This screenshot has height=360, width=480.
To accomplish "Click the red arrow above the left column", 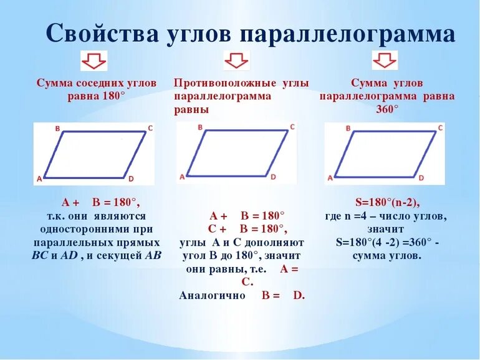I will (x=94, y=61).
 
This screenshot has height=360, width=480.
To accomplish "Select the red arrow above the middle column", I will (x=236, y=61).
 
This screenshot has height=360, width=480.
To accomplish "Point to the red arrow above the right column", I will (x=385, y=61).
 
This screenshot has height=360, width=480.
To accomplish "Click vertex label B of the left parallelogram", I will (x=57, y=129).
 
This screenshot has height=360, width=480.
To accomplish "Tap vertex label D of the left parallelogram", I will (x=131, y=179).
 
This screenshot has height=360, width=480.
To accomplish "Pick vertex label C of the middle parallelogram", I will (x=292, y=127).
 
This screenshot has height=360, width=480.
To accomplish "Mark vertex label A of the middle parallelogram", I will (x=182, y=177).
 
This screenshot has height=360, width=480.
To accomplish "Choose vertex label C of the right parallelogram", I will (x=440, y=128).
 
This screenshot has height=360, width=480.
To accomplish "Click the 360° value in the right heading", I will (x=386, y=109).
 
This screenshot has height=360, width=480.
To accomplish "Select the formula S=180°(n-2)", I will (x=387, y=202).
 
